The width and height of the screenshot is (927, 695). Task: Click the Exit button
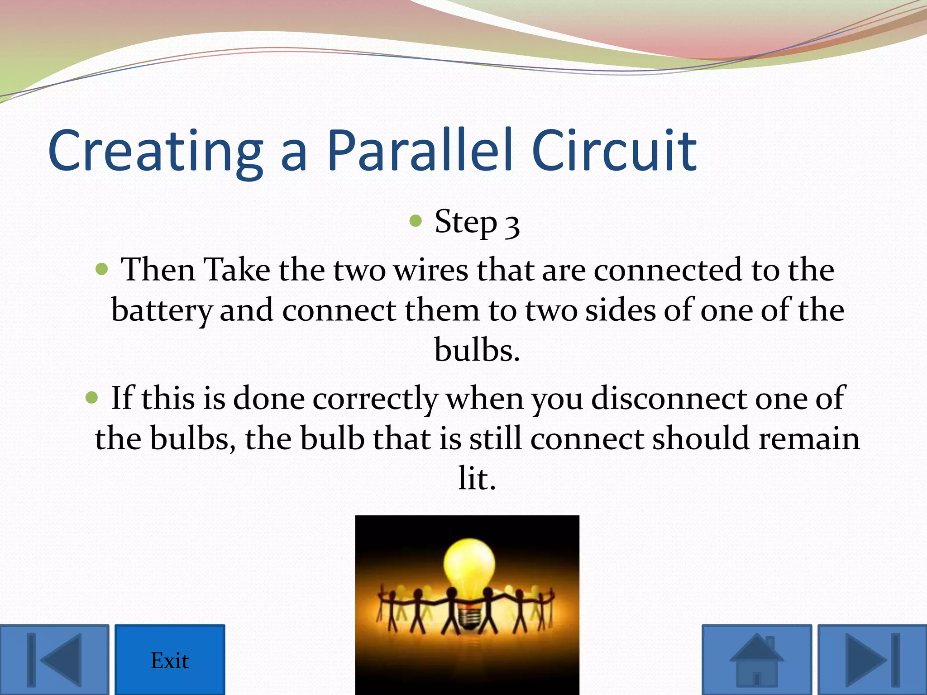pos(169,660)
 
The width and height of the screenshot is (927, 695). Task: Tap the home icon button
pos(756,660)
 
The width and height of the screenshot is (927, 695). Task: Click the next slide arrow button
pos(872,660)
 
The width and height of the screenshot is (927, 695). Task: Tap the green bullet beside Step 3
pos(416,221)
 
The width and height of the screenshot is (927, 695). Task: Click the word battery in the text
pos(161,312)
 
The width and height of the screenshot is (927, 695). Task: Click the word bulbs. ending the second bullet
pos(477,350)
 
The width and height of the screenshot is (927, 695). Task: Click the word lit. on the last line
pos(477,479)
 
